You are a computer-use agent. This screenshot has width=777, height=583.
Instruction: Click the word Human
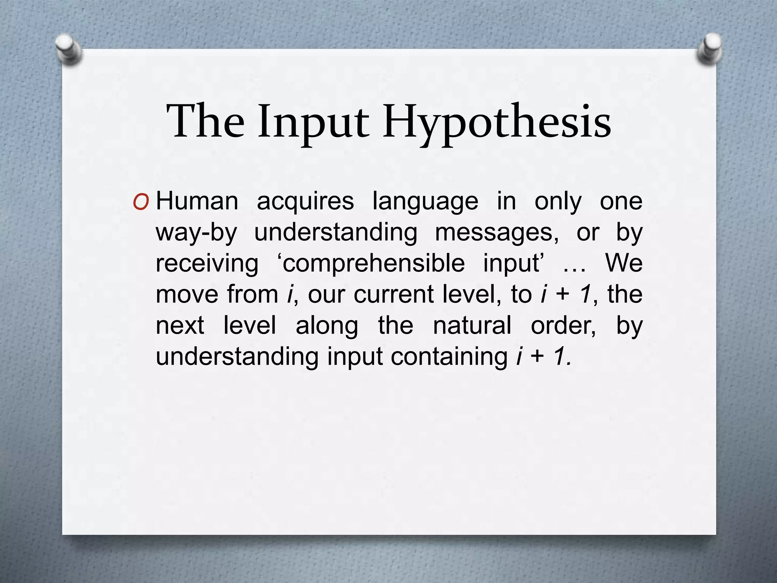pos(197,201)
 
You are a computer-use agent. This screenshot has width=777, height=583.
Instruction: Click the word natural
pos(472,326)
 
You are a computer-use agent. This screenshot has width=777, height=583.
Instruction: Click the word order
pos(563,326)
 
